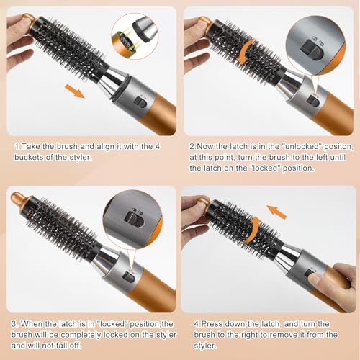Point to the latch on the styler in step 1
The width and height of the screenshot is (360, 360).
point(143,103)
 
